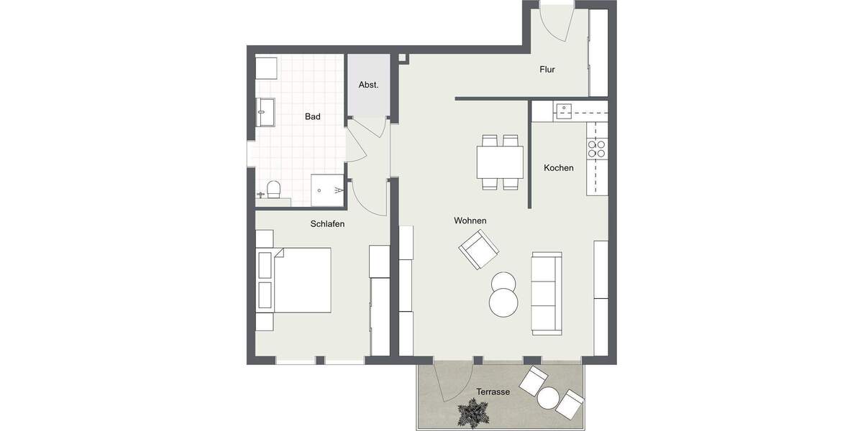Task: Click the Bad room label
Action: click(x=313, y=116)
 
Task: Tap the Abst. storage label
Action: click(x=369, y=85)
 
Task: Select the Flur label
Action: click(x=548, y=70)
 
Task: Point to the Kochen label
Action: click(x=559, y=168)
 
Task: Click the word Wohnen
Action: click(x=470, y=221)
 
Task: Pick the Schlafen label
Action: click(x=327, y=224)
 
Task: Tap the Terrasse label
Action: click(x=493, y=392)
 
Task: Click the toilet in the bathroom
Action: click(x=273, y=190)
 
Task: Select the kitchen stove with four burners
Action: click(x=597, y=149)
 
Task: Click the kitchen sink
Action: click(x=563, y=111)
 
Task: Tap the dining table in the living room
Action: click(x=500, y=162)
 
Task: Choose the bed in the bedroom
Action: click(x=301, y=280)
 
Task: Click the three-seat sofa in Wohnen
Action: click(x=547, y=292)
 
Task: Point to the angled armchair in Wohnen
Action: click(x=479, y=249)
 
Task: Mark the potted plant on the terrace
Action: click(x=473, y=414)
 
